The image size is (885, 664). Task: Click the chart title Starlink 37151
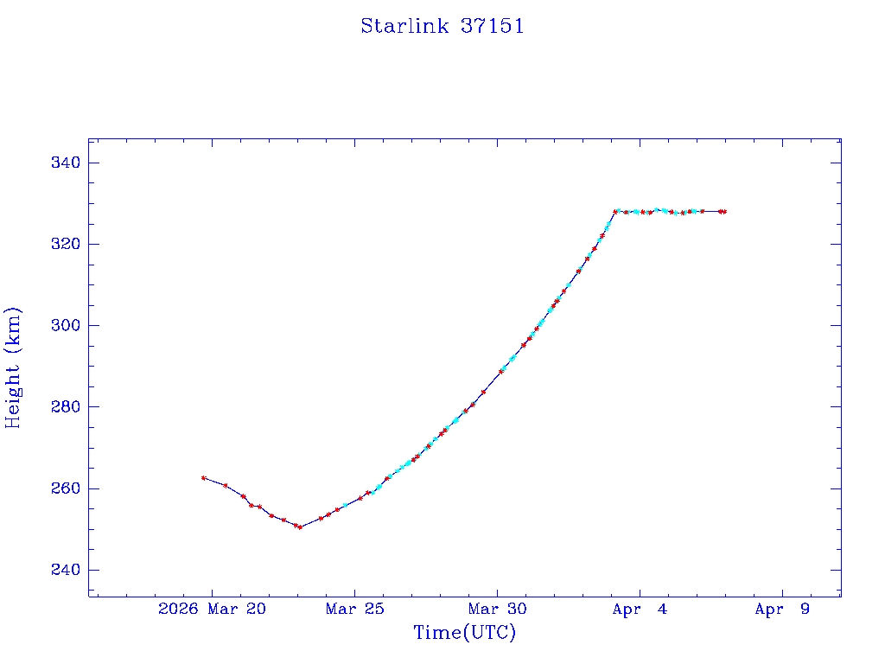(442, 26)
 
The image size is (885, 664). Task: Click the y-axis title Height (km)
(13, 367)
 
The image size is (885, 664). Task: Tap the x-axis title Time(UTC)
(465, 633)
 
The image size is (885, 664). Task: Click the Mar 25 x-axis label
(354, 610)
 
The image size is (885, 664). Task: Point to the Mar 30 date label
(497, 610)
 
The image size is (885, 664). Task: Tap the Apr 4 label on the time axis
(640, 610)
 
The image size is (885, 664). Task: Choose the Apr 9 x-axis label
(782, 610)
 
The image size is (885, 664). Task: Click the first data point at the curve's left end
(204, 478)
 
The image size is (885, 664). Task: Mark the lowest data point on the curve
(300, 527)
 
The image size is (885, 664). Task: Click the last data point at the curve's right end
(724, 211)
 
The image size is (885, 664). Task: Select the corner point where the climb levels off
(615, 211)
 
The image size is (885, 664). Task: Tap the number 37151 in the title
(492, 26)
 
